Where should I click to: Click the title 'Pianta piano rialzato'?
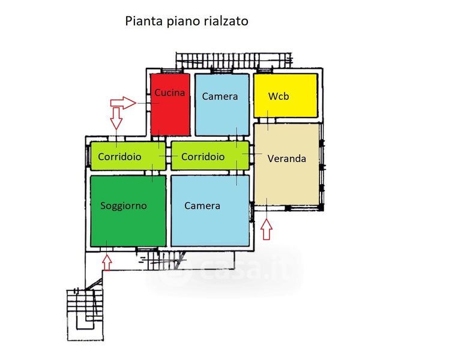[186, 21]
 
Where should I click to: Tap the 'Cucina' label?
[169, 93]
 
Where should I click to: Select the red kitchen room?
[170, 117]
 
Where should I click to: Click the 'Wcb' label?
[279, 96]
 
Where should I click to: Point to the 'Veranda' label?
[287, 159]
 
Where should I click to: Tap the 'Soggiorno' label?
[124, 206]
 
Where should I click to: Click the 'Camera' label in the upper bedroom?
[220, 97]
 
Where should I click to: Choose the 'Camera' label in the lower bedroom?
[202, 206]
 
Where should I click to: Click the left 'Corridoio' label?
[119, 157]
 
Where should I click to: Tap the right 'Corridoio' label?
[203, 157]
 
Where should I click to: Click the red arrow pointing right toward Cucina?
[124, 103]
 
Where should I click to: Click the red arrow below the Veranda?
[267, 229]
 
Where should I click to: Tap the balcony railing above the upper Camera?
[234, 61]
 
